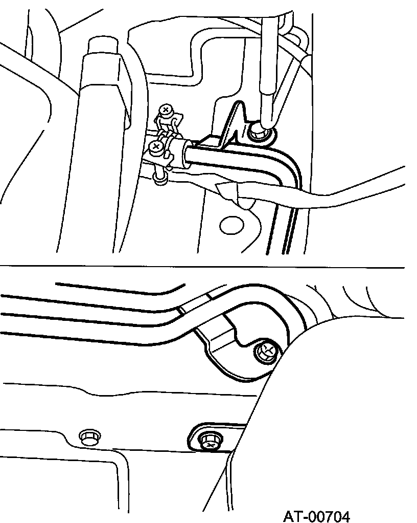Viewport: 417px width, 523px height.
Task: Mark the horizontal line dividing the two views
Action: [x=204, y=267]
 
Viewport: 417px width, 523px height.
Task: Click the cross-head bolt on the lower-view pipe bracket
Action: [x=266, y=352]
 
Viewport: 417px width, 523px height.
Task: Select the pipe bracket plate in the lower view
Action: [x=230, y=353]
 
